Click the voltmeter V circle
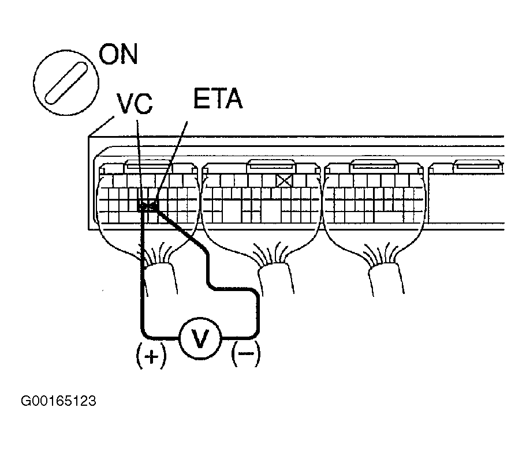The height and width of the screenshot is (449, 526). point(199,338)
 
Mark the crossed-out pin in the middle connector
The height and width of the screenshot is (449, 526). point(283,181)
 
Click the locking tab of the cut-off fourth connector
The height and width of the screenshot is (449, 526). point(476,167)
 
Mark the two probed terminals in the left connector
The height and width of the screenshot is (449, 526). point(148,205)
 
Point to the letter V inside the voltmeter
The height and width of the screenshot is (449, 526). point(199,338)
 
